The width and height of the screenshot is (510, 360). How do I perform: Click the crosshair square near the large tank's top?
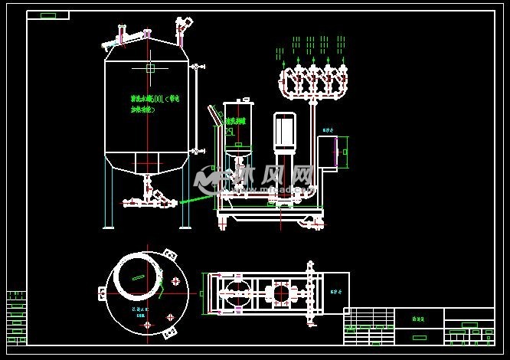150,68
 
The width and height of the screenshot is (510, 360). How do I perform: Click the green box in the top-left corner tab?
47,15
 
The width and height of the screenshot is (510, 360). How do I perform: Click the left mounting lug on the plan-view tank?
102,293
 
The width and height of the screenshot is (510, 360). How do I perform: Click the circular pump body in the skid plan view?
277,293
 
